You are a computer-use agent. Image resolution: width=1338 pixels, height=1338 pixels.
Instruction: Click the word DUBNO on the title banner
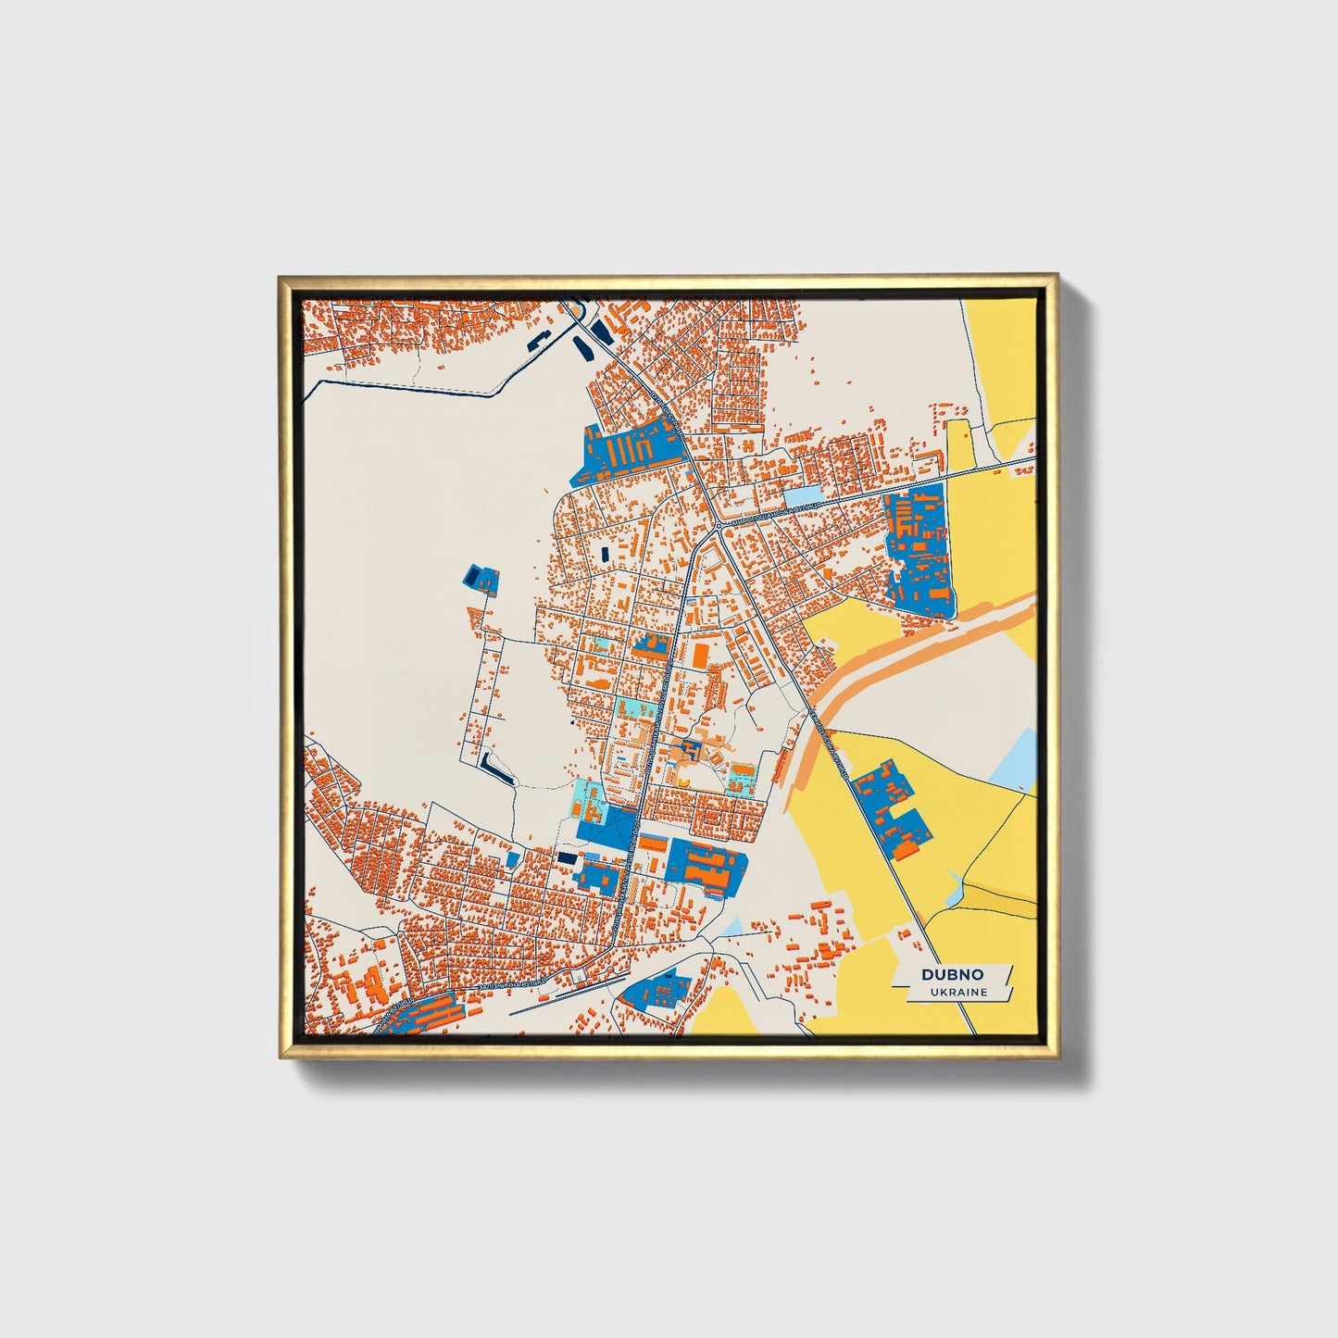coord(952,975)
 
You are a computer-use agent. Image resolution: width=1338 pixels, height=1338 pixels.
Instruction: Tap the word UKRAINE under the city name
coord(959,992)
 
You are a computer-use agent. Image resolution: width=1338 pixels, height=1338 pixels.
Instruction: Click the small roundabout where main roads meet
coord(719,527)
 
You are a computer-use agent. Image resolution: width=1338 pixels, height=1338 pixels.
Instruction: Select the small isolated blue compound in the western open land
coord(481,580)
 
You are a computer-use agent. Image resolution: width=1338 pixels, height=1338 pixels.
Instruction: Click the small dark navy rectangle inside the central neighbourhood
coord(606,554)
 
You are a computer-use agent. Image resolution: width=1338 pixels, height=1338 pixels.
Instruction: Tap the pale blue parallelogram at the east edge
coord(1013,760)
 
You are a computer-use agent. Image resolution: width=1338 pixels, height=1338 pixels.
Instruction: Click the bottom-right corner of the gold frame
coord(1057,1058)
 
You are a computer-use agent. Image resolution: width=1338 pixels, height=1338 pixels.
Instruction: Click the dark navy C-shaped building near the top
coord(583,348)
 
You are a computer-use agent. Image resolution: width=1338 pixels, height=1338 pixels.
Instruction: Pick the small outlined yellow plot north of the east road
coord(960,444)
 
